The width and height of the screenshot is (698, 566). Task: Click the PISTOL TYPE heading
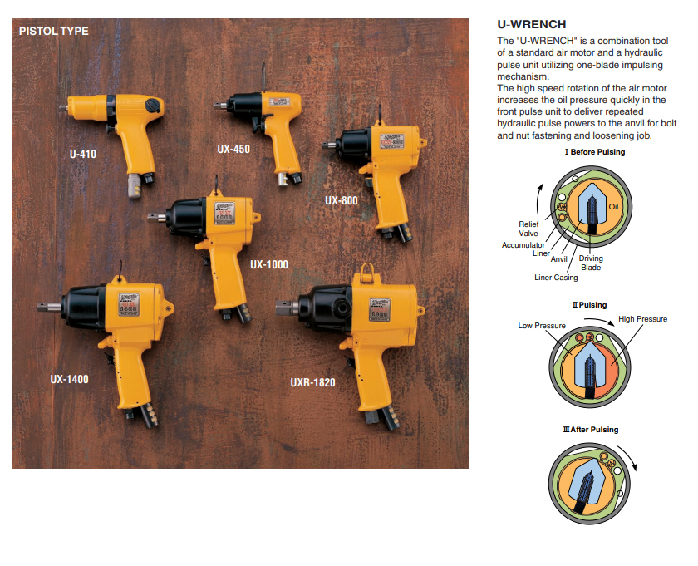tap(53, 32)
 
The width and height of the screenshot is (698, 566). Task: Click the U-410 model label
tap(83, 154)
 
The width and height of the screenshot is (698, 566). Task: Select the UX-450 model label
tap(233, 150)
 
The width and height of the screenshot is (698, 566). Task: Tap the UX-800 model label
tap(342, 200)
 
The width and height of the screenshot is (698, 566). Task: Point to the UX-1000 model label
tap(268, 264)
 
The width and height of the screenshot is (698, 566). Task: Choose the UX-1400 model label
tap(69, 379)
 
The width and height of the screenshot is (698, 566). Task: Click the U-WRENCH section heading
tap(532, 25)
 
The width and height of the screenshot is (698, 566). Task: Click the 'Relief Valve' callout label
tap(528, 229)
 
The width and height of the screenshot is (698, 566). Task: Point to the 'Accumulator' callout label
tap(523, 245)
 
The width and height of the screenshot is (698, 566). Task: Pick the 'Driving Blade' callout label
tap(591, 263)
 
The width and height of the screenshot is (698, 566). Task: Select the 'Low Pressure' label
tap(542, 326)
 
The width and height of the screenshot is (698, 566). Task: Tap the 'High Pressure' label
tap(642, 319)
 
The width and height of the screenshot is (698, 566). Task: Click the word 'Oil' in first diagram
tap(614, 206)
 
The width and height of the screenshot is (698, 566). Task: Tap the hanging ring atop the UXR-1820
tap(366, 270)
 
